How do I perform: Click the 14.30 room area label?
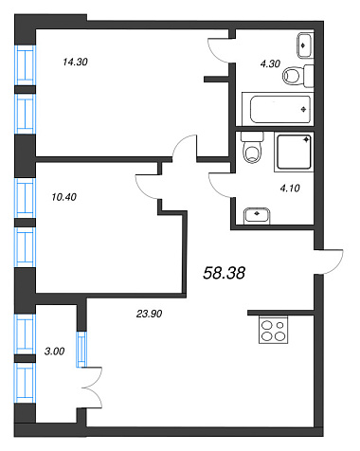point(75,62)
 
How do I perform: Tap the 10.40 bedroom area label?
point(63,197)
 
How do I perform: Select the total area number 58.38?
point(224,273)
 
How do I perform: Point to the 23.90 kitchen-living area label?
point(149,314)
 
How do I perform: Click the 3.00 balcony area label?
point(54,352)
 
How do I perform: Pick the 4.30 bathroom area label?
point(270,63)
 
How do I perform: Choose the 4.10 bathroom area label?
point(290,189)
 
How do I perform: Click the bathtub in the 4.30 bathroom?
point(278,109)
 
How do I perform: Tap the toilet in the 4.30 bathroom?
point(297,76)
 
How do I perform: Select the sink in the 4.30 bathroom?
point(305,45)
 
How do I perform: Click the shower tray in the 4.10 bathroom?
point(294,153)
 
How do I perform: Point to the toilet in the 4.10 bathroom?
point(252,148)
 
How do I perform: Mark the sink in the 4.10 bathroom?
point(257,216)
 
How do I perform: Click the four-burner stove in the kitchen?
point(274,330)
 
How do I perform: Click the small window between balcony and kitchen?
point(81,349)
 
